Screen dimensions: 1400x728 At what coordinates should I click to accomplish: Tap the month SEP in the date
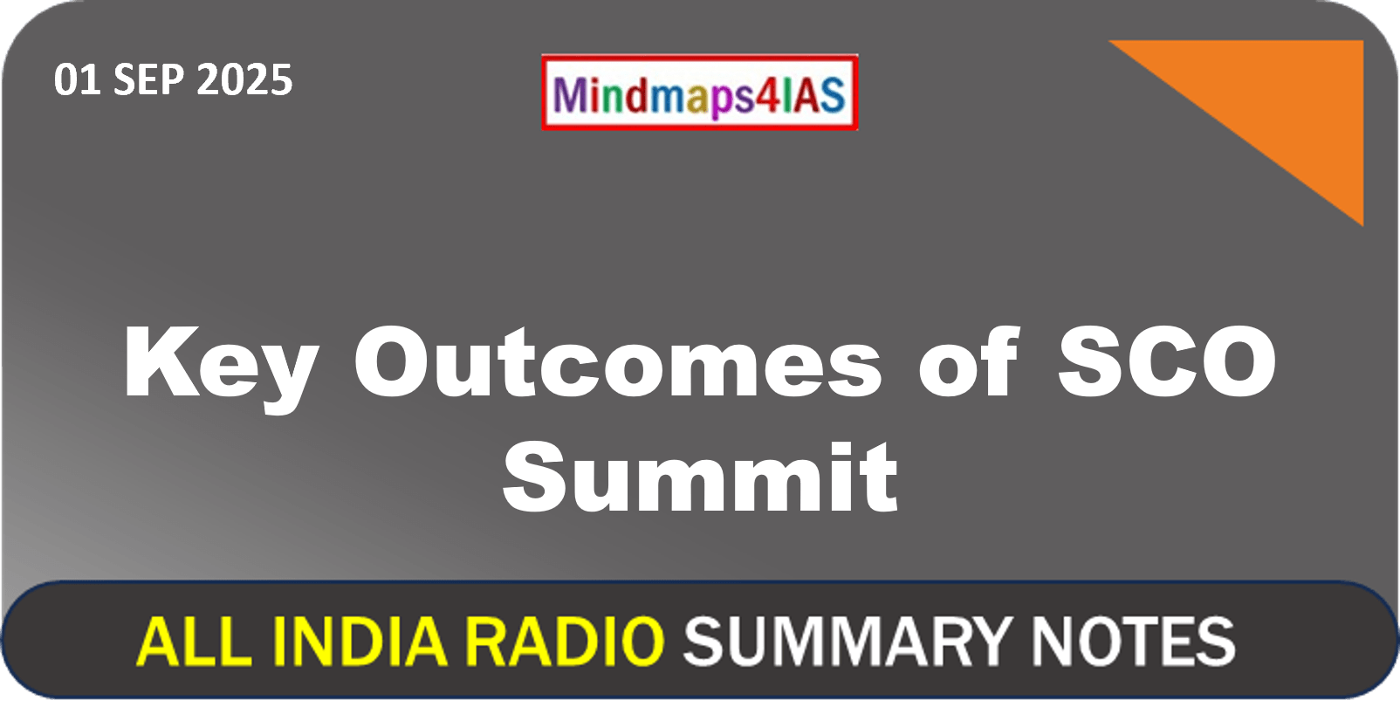pos(148,80)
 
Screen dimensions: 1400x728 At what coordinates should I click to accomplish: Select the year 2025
pos(244,80)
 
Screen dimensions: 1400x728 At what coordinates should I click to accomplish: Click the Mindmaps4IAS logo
pos(699,93)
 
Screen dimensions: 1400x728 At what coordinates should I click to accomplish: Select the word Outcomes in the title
pos(617,361)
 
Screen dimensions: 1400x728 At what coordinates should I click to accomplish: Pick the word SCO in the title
pos(1167,362)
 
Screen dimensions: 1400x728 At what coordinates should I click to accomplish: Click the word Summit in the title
pos(701,477)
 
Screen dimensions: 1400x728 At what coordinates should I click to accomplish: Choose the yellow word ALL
pos(194,641)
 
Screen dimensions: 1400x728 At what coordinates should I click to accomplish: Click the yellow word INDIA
pos(360,641)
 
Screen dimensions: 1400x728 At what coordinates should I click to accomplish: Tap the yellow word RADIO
pos(565,641)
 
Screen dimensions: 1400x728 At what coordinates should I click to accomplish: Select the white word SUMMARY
pos(848,641)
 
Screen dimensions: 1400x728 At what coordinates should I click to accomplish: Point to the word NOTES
pos(1133,641)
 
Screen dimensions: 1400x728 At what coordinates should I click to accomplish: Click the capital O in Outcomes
pos(393,362)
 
